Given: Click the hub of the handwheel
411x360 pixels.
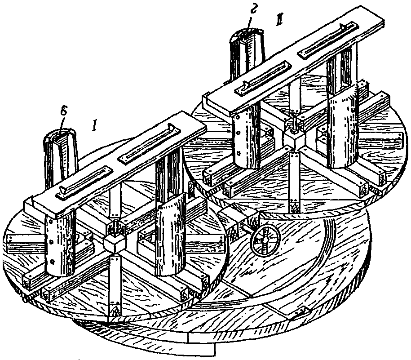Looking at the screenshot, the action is pyautogui.click(x=265, y=240).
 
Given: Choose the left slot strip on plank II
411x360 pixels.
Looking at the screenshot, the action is pyautogui.click(x=261, y=77).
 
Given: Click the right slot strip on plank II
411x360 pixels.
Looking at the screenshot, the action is pyautogui.click(x=327, y=40).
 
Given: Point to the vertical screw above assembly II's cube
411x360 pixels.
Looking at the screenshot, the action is pyautogui.click(x=294, y=122).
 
